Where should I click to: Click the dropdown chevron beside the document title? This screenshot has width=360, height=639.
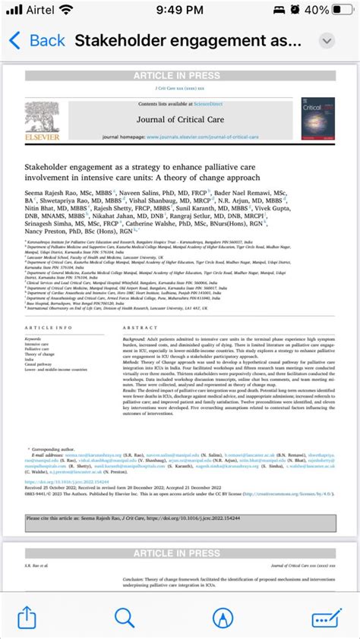tap(327, 40)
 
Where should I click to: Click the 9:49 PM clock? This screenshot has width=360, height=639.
tap(179, 11)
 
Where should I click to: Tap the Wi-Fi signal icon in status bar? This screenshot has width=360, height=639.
tap(87, 11)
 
